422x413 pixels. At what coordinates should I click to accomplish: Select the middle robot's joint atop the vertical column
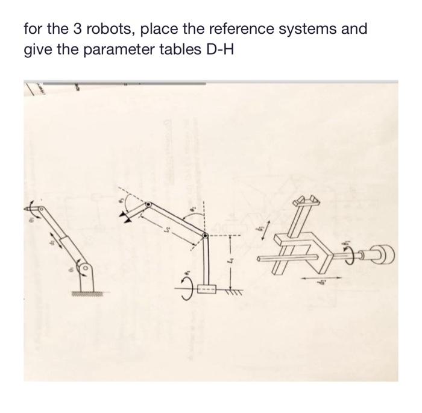tap(207, 236)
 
